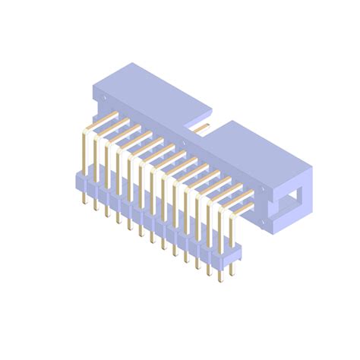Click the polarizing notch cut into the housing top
pos(204,119)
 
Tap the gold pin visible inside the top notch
pos(199,129)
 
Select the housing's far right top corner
pos(311,163)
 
